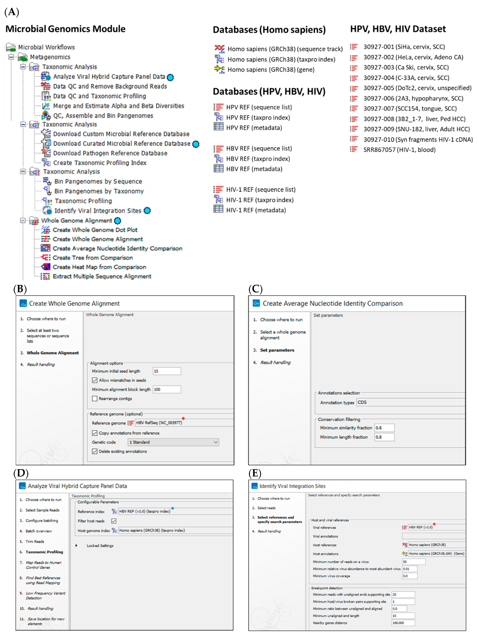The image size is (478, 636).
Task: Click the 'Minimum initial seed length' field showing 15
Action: coord(167,371)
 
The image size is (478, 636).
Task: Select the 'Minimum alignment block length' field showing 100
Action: coord(167,389)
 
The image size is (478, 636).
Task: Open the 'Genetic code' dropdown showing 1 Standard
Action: coord(173,442)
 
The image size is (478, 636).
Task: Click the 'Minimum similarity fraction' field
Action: coord(384,428)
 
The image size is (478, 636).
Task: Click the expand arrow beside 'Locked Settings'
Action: coord(76,545)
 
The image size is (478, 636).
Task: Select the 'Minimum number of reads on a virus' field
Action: coord(413,562)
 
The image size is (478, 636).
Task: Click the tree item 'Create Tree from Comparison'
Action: coord(93,258)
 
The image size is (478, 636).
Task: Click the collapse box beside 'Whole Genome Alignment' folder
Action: coord(23,220)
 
